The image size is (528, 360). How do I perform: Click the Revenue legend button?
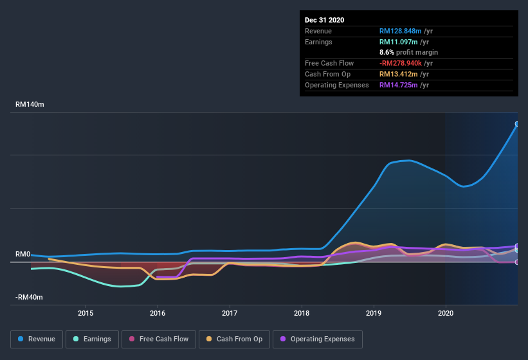(x=37, y=339)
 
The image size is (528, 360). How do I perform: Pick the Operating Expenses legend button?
(x=317, y=339)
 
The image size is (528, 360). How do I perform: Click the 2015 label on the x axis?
(x=86, y=313)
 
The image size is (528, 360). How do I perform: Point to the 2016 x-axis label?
(x=158, y=313)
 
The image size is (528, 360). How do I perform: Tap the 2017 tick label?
(x=230, y=313)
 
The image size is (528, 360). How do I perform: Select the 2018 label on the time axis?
(x=302, y=313)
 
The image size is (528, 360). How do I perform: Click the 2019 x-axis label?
(x=374, y=313)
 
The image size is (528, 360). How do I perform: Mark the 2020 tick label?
(x=445, y=313)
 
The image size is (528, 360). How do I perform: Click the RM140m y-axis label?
(x=30, y=104)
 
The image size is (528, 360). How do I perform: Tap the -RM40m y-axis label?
(x=29, y=297)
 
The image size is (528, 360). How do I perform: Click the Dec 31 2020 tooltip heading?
(x=324, y=20)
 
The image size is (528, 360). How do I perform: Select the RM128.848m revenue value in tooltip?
(x=401, y=31)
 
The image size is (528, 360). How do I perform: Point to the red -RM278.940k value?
(x=401, y=63)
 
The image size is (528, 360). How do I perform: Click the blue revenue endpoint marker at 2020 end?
(x=516, y=124)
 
